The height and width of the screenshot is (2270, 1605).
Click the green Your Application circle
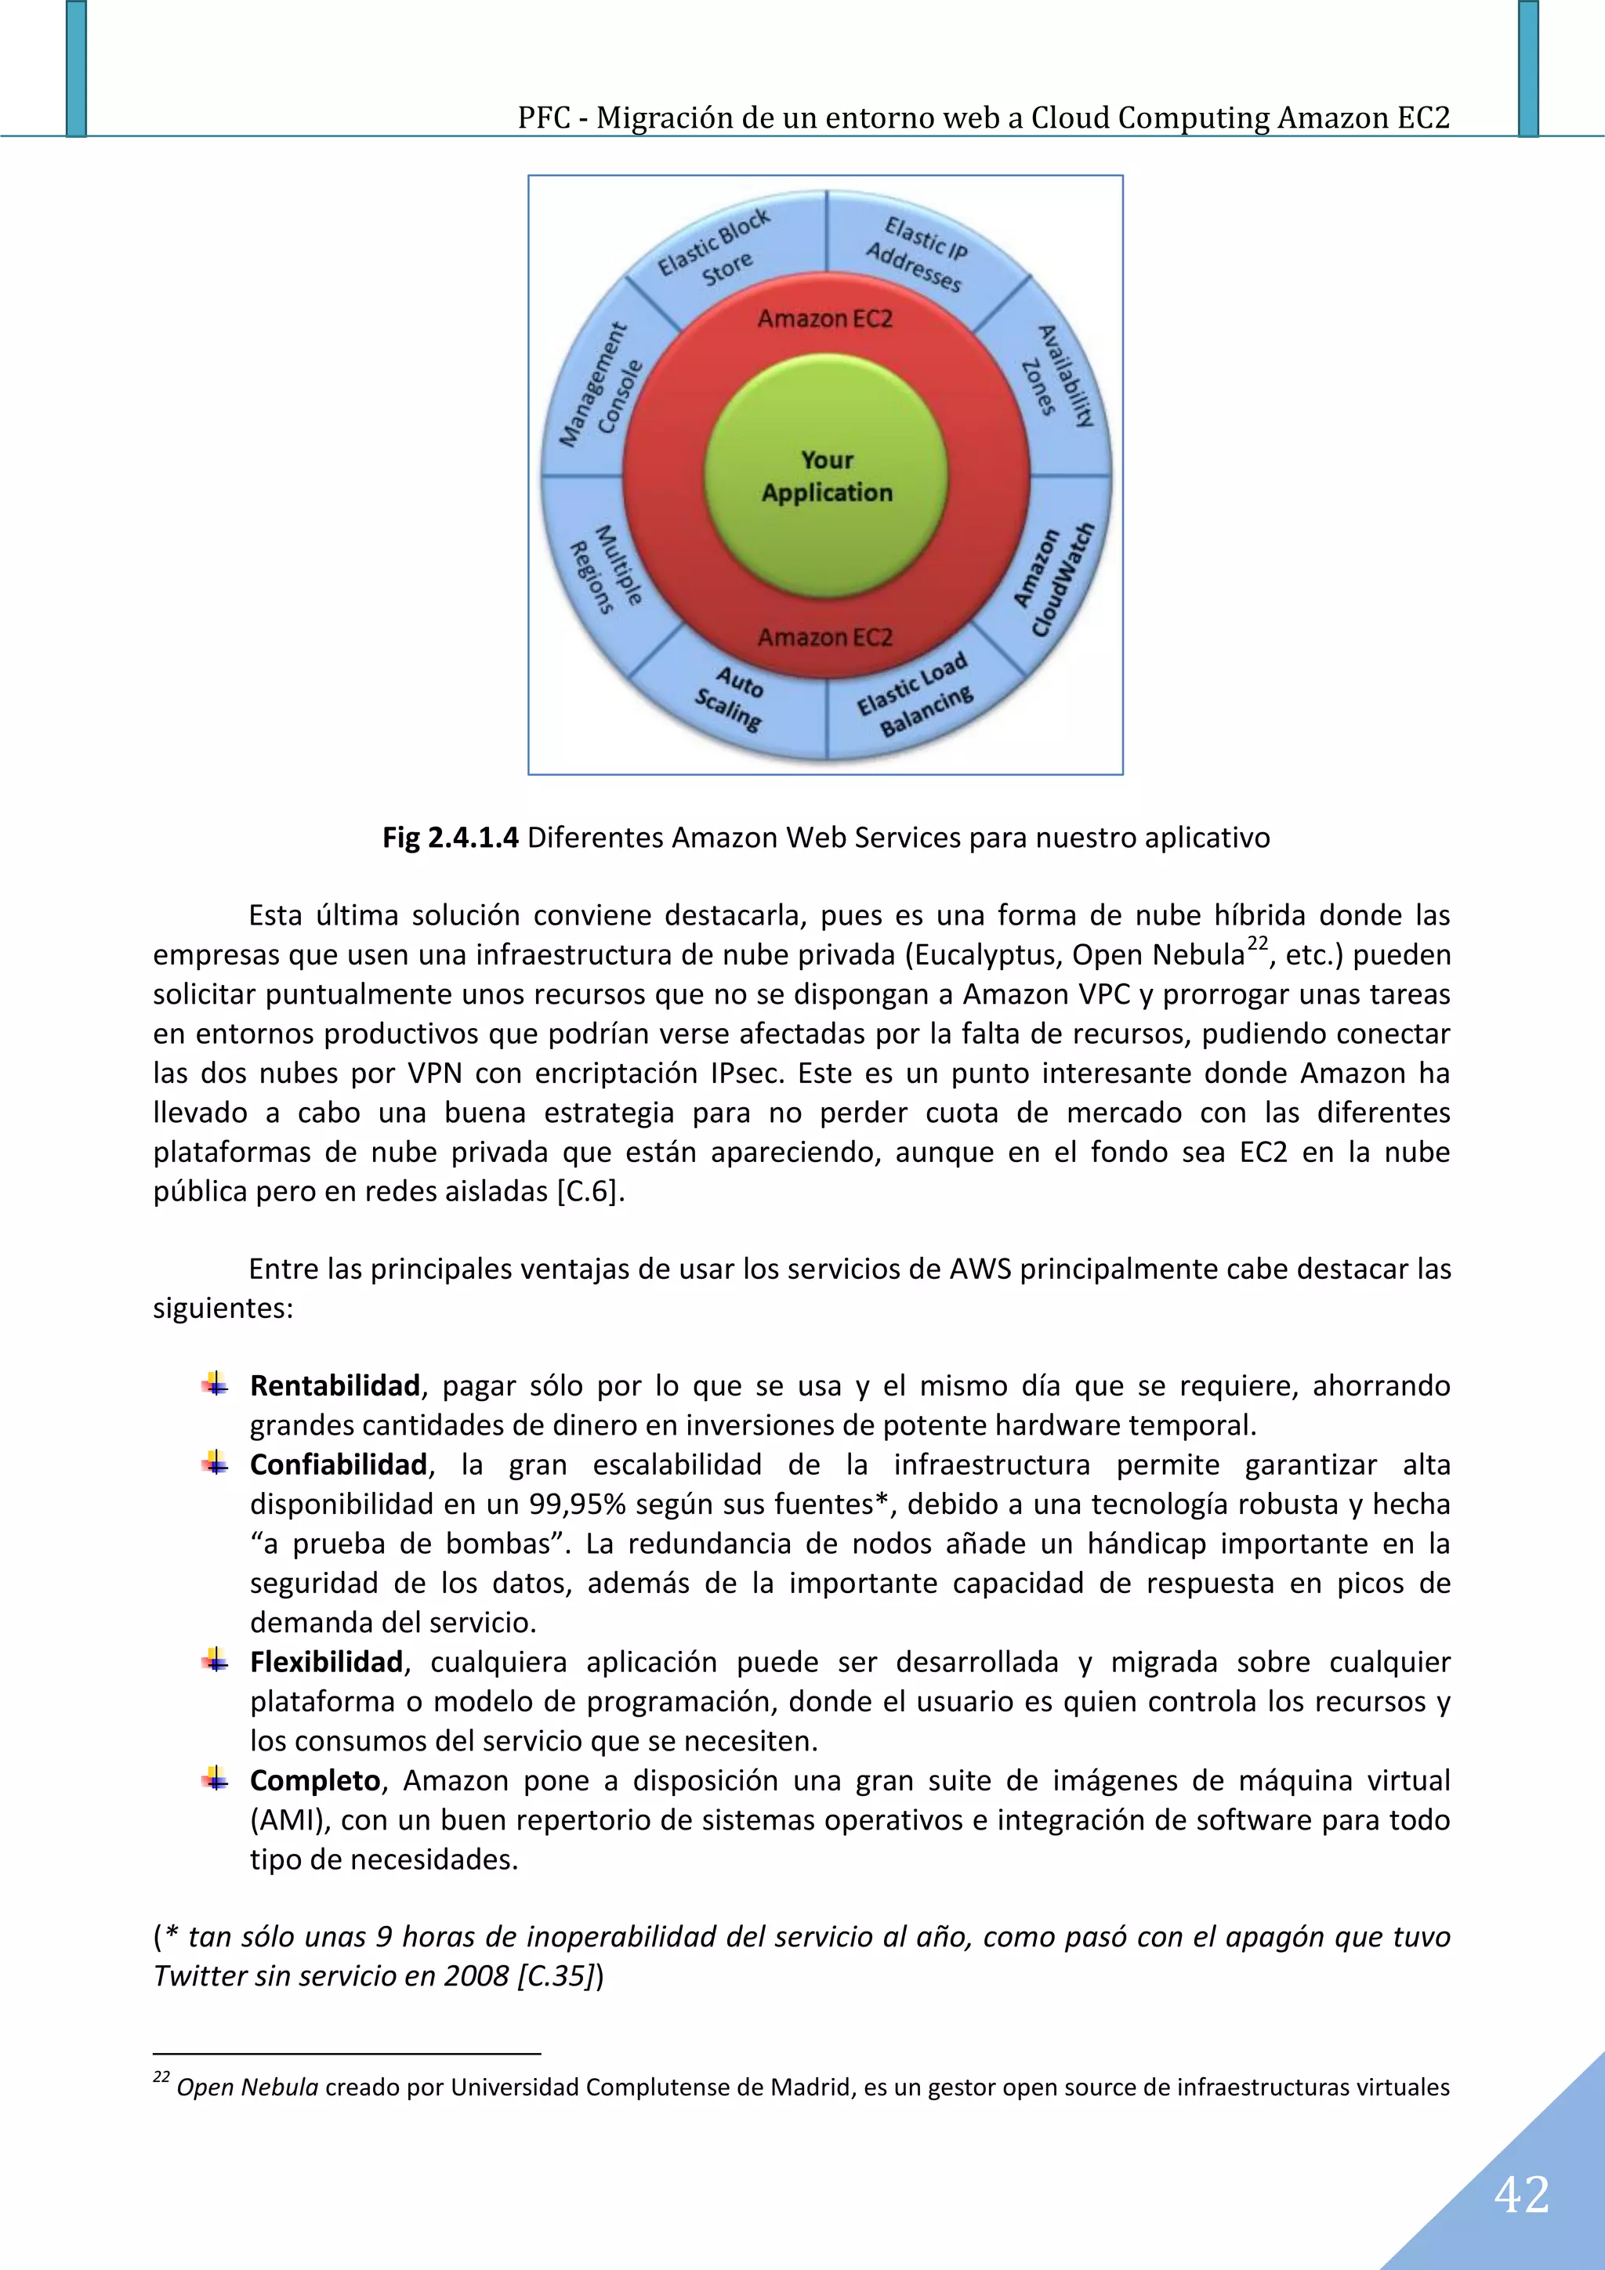coord(826,476)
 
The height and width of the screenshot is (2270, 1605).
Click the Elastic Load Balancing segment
coord(915,698)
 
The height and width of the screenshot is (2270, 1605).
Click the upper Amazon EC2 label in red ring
coord(824,318)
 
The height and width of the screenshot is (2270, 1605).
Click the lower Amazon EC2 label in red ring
coord(824,638)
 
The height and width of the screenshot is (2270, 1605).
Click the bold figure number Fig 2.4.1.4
coord(450,838)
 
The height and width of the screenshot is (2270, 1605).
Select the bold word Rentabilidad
coord(335,1386)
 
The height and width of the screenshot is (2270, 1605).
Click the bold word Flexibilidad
coord(326,1663)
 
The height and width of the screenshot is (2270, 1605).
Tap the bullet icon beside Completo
coord(215,1780)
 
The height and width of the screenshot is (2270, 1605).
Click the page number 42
coord(1521,2195)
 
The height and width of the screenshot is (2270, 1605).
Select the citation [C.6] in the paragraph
coord(590,1191)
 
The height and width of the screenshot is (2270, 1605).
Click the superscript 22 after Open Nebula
coord(1257,943)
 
